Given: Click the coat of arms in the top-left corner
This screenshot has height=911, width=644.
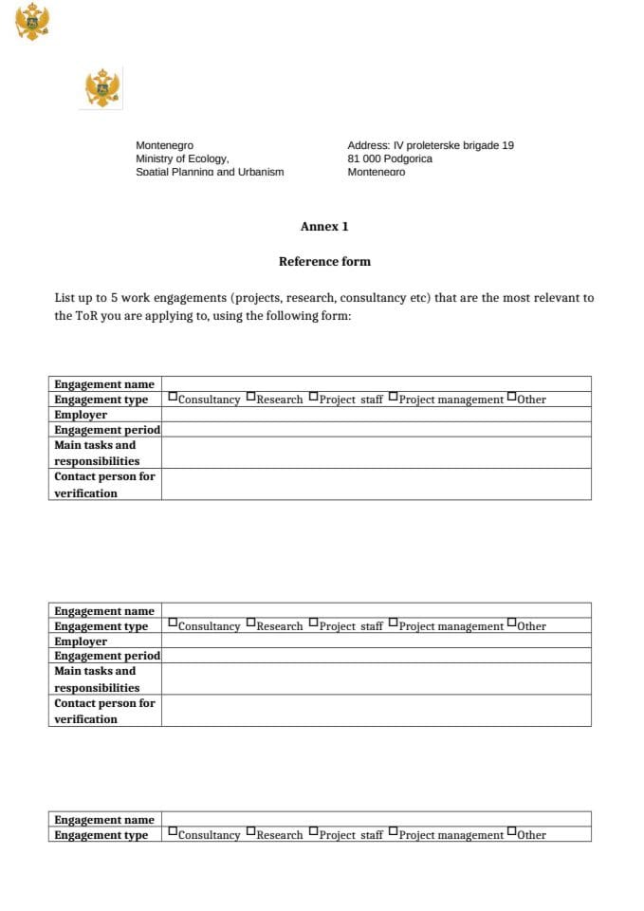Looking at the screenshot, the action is point(32,21).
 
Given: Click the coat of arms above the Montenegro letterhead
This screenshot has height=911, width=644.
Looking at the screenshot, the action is point(101,88).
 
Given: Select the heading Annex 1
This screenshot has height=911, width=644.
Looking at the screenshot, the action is point(324,227).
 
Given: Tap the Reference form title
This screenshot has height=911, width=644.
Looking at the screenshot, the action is point(324,262).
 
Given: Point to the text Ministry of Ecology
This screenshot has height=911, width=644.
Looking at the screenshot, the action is point(182,158).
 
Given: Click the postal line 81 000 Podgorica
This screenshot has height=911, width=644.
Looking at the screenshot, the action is point(389,158).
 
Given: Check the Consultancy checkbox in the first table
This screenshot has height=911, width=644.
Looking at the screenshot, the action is point(173,398).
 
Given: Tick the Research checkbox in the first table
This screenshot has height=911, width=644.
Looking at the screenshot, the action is point(251,398).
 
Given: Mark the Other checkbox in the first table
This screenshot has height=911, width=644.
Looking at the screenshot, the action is point(512,398).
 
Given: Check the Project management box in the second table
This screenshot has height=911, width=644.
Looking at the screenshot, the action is point(394,624).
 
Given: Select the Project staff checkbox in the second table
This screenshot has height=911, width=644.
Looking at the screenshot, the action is point(314,624).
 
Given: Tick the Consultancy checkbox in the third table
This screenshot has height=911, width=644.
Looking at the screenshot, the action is point(173,833).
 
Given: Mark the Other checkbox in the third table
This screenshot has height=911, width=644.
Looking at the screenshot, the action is point(512,833).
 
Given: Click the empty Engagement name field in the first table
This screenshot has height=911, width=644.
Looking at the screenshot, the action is point(376,383).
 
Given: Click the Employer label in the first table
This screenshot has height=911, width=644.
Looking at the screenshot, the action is point(81,415).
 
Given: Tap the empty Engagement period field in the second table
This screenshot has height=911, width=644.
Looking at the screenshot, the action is point(376,656).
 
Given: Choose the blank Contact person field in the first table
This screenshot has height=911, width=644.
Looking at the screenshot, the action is point(376,484).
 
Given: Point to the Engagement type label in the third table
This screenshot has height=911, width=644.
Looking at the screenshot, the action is point(101,835).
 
